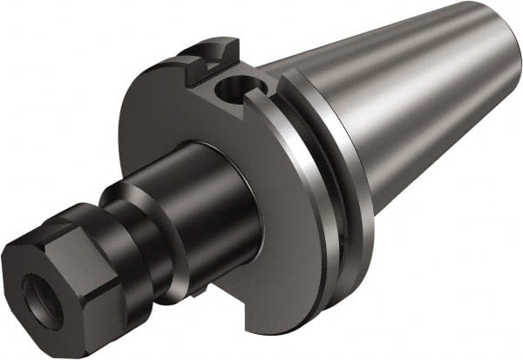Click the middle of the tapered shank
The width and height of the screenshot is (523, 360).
point(410,105)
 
